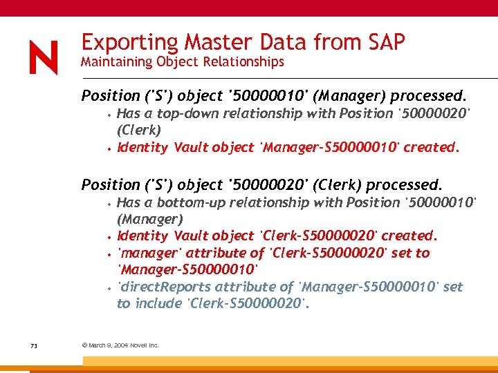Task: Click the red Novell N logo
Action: [44, 57]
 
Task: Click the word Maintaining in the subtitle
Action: [116, 62]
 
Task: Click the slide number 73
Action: [33, 345]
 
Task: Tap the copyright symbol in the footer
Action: [84, 345]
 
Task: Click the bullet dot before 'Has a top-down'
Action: [109, 114]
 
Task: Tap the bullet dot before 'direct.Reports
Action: [109, 287]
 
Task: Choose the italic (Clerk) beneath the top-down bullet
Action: [139, 130]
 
